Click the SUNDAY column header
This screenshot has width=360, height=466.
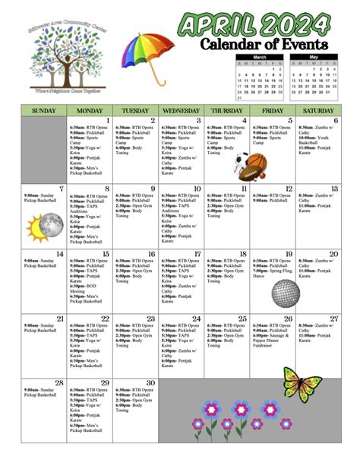[44, 110]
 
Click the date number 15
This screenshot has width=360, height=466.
[106, 255]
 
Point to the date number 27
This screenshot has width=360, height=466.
[333, 319]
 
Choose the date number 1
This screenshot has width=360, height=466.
[108, 121]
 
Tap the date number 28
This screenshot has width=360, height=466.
[59, 383]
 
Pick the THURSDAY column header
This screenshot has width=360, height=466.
[226, 110]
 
